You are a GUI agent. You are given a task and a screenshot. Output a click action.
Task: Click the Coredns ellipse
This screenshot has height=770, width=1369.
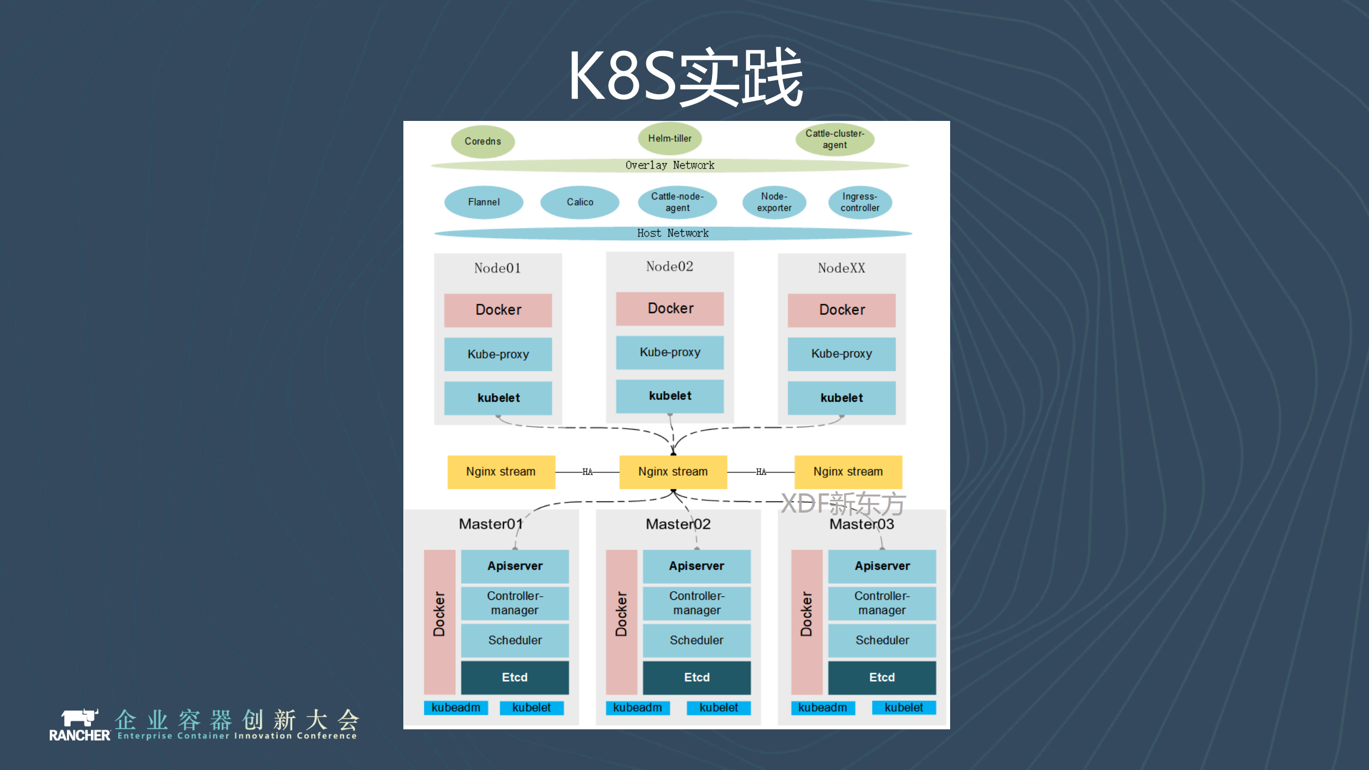coord(483,141)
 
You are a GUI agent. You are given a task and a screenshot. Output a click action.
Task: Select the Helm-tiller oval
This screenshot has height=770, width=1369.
coord(669,138)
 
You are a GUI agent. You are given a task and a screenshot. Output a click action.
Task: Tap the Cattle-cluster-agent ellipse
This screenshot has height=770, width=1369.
coord(835,139)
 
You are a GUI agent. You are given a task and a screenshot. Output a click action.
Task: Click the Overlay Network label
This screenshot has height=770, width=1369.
coord(670,165)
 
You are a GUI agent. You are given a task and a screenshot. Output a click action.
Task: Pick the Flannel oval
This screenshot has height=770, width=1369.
coord(484,202)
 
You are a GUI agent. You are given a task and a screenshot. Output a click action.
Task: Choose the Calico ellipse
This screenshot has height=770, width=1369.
coord(580,202)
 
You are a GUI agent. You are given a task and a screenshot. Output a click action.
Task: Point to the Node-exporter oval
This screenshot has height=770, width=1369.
coord(774,202)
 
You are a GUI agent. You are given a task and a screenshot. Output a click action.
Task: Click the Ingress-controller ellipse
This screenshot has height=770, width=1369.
coord(860,202)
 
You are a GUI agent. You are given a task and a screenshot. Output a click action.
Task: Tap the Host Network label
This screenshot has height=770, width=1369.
coord(672,233)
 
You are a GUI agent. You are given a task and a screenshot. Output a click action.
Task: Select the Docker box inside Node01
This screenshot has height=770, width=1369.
coord(498,310)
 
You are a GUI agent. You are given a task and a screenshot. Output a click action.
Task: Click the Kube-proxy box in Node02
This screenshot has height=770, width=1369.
coord(670,352)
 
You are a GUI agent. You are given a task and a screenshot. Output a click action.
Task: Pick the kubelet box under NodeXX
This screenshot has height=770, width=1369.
coord(842,398)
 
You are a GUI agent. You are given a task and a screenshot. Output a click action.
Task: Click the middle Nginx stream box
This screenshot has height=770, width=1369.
coord(673,471)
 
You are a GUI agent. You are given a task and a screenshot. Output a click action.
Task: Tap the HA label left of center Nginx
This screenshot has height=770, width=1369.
coord(587,472)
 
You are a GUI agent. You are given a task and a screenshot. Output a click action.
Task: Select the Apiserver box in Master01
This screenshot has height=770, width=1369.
coord(515,566)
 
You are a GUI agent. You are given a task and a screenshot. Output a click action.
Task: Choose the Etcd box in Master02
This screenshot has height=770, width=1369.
coord(697,677)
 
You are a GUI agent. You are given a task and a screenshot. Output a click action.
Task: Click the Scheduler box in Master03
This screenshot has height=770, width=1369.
coord(882,640)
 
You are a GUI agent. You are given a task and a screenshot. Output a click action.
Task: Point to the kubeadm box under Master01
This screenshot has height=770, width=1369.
coord(456,707)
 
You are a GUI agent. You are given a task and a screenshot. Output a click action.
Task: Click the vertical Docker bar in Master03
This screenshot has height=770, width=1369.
coord(806,621)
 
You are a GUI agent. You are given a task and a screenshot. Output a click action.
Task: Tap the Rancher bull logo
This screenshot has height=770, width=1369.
coord(79,718)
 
